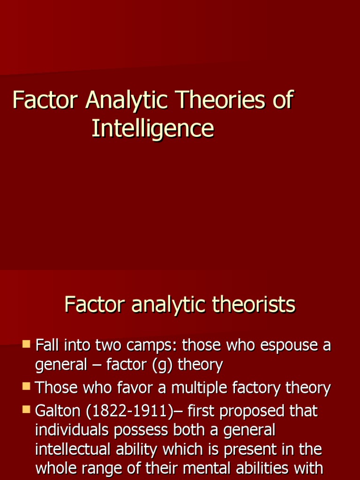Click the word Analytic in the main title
tap(120, 101)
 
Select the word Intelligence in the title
tap(153, 128)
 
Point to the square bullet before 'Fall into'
tap(26, 345)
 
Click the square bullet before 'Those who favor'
tap(26, 387)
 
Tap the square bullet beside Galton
tap(26, 410)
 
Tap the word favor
tap(134, 388)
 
